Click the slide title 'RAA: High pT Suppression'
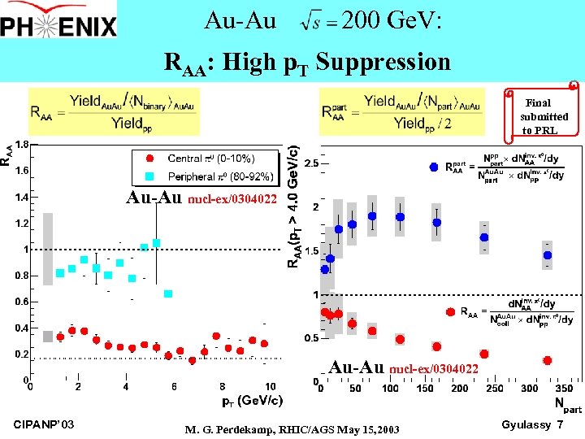coord(307,62)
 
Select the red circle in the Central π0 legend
coord(149,159)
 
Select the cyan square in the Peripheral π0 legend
coord(149,176)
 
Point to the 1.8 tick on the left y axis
coord(22,144)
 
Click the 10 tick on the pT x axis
coord(271,386)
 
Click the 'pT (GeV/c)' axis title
coord(252,401)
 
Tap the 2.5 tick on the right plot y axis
coord(310,163)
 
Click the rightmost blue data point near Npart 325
coord(548,255)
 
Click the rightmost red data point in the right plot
coord(548,360)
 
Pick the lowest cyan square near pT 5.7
coord(168,293)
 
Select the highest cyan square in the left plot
coord(156,242)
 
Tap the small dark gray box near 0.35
coord(48,336)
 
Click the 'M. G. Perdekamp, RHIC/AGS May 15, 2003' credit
coord(292,428)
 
